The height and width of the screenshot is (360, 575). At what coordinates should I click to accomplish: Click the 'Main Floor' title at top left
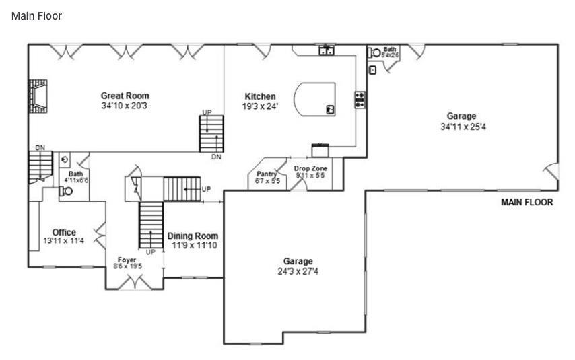point(36,15)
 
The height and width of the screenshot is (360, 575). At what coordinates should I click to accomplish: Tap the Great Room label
point(125,96)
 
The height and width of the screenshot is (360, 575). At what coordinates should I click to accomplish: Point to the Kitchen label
point(260,96)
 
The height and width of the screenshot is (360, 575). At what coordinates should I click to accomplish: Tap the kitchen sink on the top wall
point(327,50)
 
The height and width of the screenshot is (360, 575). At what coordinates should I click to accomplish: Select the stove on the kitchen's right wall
point(360,100)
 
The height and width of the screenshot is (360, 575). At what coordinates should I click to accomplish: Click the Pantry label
point(267,174)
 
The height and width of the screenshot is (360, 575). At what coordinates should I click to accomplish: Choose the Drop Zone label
point(310,168)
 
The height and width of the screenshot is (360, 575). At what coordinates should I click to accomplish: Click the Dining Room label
point(193,236)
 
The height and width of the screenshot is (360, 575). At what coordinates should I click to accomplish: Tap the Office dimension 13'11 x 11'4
point(64,241)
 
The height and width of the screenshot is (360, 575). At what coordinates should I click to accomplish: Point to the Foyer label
point(127,260)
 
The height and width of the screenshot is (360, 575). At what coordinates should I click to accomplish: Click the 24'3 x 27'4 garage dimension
point(298,271)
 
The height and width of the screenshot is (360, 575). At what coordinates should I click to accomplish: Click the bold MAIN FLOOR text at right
point(527,202)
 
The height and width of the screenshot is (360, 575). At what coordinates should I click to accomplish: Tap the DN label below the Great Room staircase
point(216,157)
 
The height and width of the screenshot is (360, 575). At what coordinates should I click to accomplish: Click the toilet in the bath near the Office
point(67,191)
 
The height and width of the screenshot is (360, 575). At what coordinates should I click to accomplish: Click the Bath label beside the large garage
point(390,49)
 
